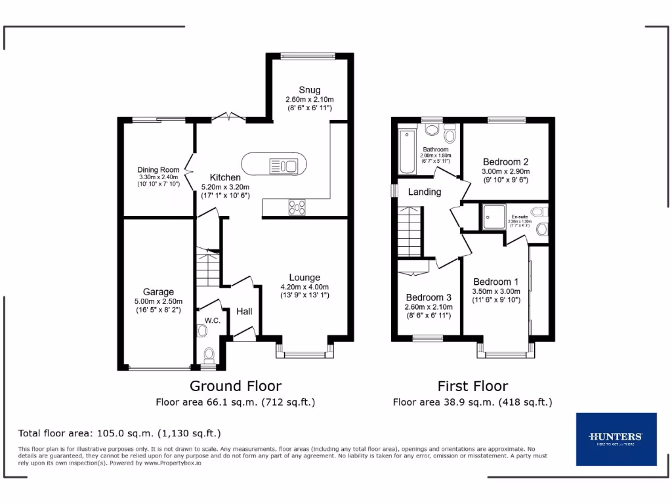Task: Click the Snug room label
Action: [x=309, y=90]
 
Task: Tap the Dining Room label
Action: [x=158, y=169]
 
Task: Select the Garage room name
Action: [x=158, y=292]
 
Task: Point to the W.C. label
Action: [x=211, y=320]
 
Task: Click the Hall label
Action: [x=244, y=311]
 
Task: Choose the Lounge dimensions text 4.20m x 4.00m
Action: [x=304, y=287]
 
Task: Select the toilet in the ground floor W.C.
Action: [x=209, y=355]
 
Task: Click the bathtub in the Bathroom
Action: [x=407, y=153]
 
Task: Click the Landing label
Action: [x=425, y=192]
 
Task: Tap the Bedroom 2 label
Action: [x=505, y=162]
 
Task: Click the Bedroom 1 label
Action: [x=495, y=282]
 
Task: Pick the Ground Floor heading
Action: [x=236, y=386]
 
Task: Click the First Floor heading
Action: [x=472, y=386]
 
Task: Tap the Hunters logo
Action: [x=616, y=439]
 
